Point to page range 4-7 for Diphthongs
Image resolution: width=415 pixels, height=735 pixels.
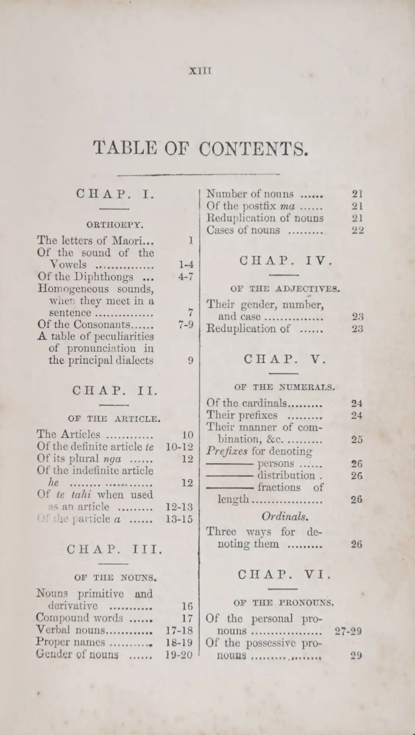(x=185, y=276)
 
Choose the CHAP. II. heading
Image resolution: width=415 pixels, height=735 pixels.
(x=115, y=390)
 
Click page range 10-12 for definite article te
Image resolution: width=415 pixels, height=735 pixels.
(x=179, y=447)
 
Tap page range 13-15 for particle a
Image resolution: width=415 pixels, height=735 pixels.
(x=179, y=519)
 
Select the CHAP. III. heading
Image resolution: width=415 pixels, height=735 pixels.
(x=114, y=549)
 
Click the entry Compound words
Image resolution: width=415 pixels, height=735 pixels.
(x=79, y=617)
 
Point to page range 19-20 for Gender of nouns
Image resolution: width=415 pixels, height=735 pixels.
(x=179, y=654)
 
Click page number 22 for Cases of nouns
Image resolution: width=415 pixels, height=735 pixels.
(x=357, y=230)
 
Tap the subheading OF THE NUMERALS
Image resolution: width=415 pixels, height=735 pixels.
(x=284, y=387)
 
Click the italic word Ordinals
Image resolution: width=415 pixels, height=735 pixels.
(x=285, y=516)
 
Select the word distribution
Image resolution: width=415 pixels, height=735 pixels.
(x=286, y=475)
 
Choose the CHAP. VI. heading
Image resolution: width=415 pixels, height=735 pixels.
(x=284, y=574)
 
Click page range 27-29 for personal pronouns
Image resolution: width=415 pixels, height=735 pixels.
(x=348, y=631)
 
